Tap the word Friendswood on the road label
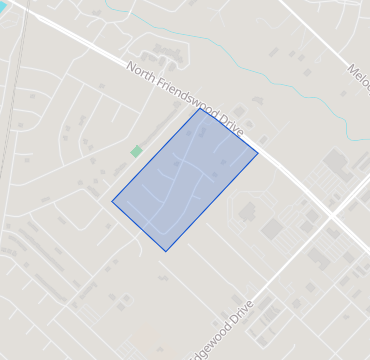[183, 96]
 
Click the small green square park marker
[136, 151]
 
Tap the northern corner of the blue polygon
[200, 108]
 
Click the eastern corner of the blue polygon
[258, 153]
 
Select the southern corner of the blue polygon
[166, 251]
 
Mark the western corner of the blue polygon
[112, 201]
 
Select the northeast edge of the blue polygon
[229, 130]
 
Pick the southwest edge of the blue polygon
[139, 226]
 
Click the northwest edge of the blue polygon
[156, 154]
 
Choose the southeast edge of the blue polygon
[212, 202]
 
